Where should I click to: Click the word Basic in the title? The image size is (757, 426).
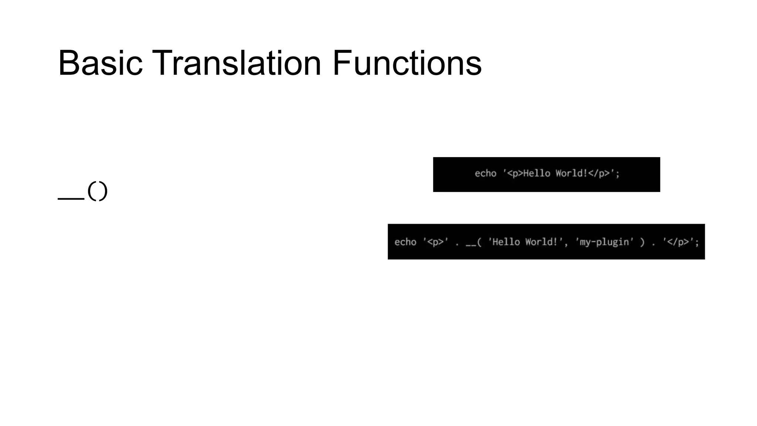pos(100,63)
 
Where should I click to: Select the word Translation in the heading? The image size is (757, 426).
pos(237,63)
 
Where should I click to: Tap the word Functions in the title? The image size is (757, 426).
pos(407,63)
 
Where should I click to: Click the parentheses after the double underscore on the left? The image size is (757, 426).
pos(98,191)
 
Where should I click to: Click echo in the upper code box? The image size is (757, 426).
pos(485,173)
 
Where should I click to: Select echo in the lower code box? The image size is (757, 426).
pos(405,242)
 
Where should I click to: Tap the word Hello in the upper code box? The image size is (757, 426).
pos(537,173)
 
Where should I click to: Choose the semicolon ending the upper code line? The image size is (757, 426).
pos(618,174)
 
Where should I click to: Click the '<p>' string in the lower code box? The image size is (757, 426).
pos(436,242)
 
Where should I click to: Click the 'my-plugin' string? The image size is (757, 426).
pos(604,242)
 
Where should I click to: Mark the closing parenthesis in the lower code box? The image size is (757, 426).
pos(642,243)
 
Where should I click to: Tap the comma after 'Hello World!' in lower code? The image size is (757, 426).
pos(566,244)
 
